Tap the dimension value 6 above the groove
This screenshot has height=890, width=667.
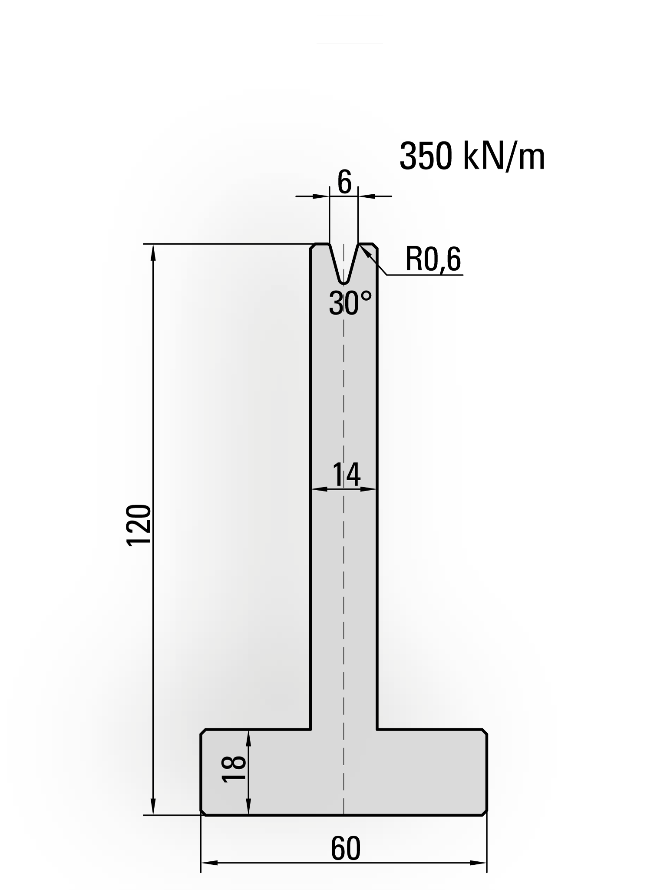(x=344, y=183)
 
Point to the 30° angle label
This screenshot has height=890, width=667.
(x=350, y=303)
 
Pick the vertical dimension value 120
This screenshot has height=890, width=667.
(x=139, y=525)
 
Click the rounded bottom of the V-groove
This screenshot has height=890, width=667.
(x=344, y=282)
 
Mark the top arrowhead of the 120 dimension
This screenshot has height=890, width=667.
(x=153, y=251)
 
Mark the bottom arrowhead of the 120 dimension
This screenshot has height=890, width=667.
(x=153, y=809)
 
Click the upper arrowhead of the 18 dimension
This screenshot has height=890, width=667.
(x=248, y=737)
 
